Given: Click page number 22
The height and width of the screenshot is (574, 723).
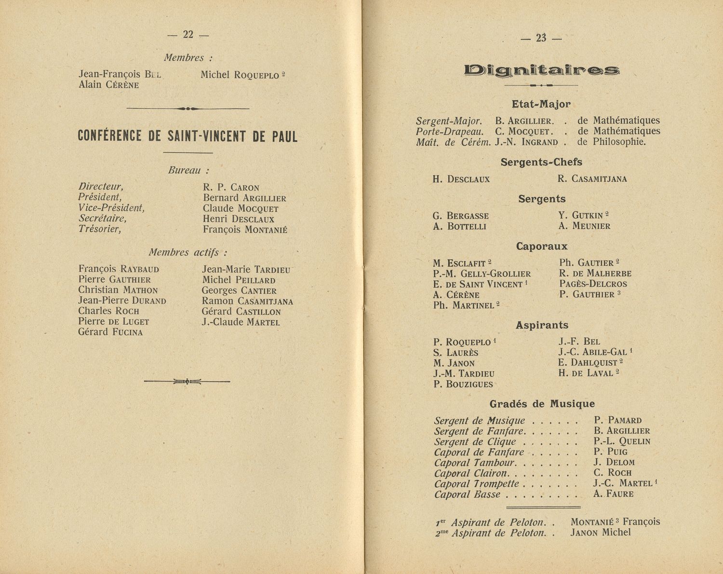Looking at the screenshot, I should pos(188,35).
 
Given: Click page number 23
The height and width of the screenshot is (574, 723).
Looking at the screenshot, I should pos(541,38).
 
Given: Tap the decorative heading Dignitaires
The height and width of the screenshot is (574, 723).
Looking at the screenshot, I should pos(542,70).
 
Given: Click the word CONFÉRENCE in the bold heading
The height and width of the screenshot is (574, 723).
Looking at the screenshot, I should pos(109,137).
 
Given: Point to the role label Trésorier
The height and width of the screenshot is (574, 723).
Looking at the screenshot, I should pos(100,229).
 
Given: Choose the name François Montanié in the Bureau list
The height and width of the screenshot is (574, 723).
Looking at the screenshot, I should pos(245,230).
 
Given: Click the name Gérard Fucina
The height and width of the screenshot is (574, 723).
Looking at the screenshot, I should pos(110,332).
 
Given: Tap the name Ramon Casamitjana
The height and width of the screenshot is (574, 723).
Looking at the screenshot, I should pos(247,301).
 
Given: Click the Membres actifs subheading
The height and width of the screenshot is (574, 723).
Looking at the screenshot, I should pos(187,252).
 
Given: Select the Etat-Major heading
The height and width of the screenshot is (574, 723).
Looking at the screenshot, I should pos(541,104).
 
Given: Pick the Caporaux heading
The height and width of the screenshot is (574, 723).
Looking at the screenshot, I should pos(542,246).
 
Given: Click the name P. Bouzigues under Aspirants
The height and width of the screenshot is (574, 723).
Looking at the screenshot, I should pos(463,384).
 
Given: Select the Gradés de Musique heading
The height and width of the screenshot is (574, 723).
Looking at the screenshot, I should pos(542,404).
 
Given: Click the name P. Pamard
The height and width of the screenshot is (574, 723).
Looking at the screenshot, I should pos(617,420).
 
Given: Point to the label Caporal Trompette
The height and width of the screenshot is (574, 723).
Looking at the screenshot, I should pos(477,484).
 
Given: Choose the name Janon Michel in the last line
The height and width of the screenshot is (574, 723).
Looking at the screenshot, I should pos(601,533).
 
